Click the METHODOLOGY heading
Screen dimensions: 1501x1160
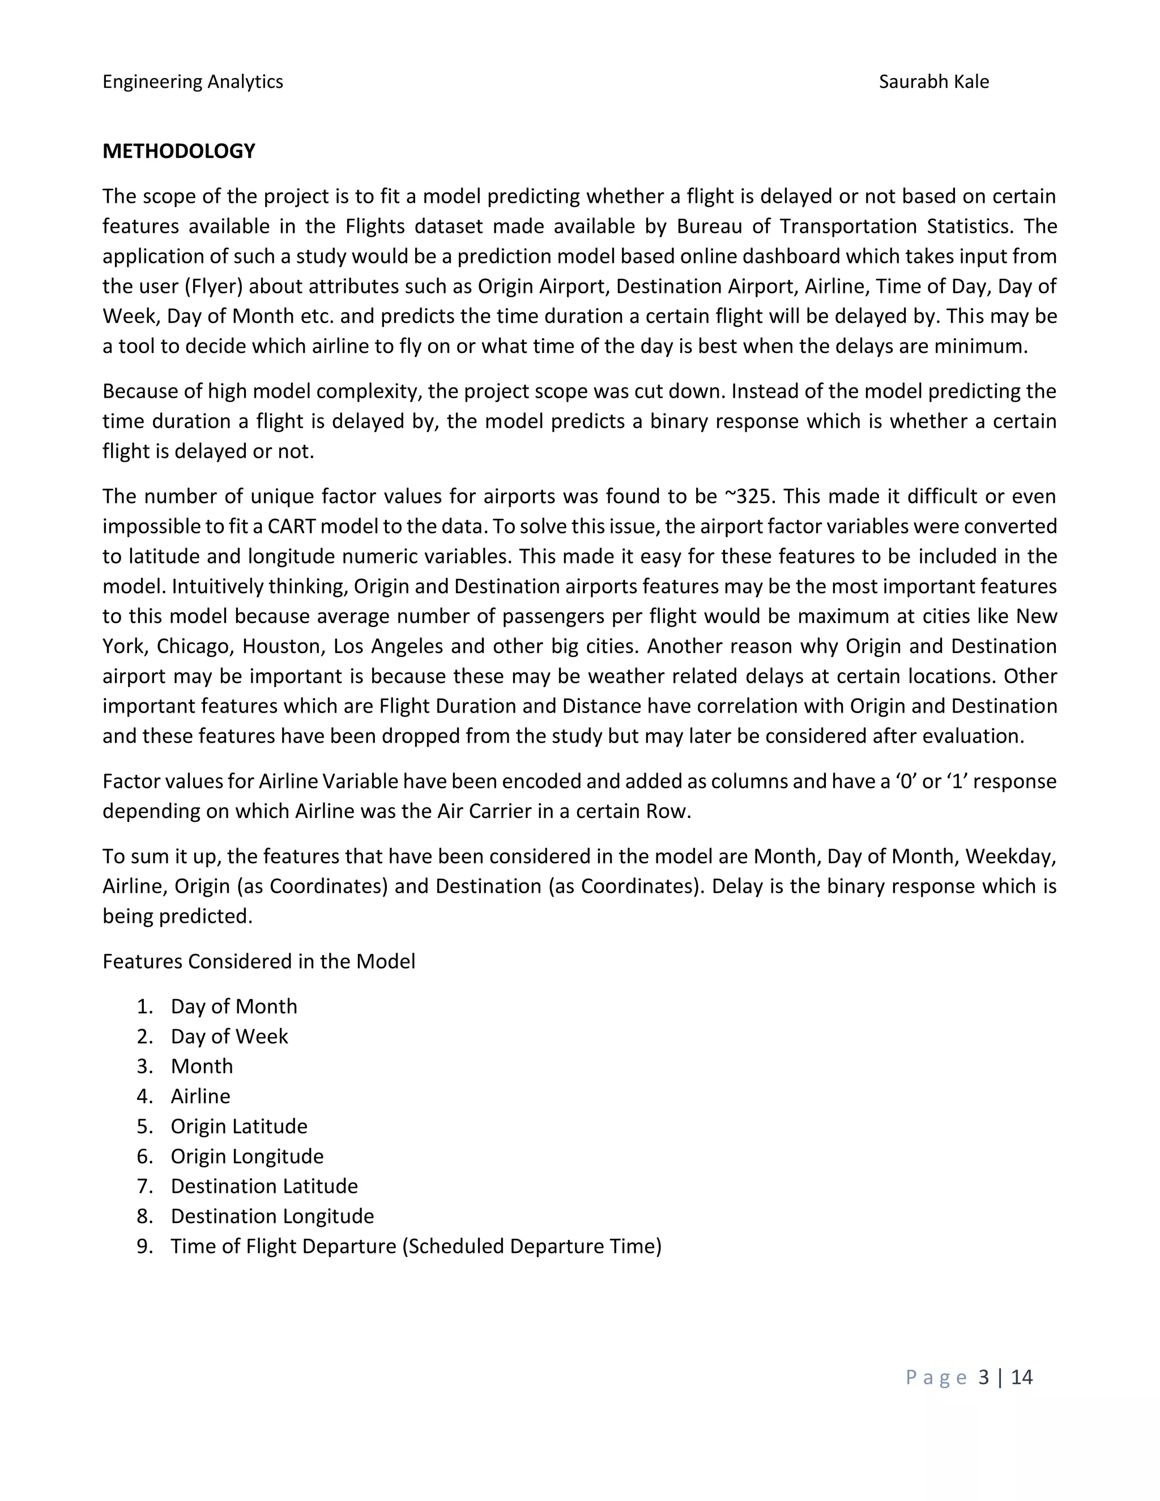coord(178,151)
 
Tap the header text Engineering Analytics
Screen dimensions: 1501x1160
coord(193,82)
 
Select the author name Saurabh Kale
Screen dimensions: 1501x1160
coord(933,82)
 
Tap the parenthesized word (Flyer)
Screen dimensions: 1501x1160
coord(209,286)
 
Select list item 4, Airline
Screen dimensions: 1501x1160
coord(200,1096)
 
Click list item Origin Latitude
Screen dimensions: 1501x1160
coord(238,1127)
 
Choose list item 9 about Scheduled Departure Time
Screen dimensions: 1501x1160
coord(416,1246)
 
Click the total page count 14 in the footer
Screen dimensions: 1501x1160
coord(1021,1378)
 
